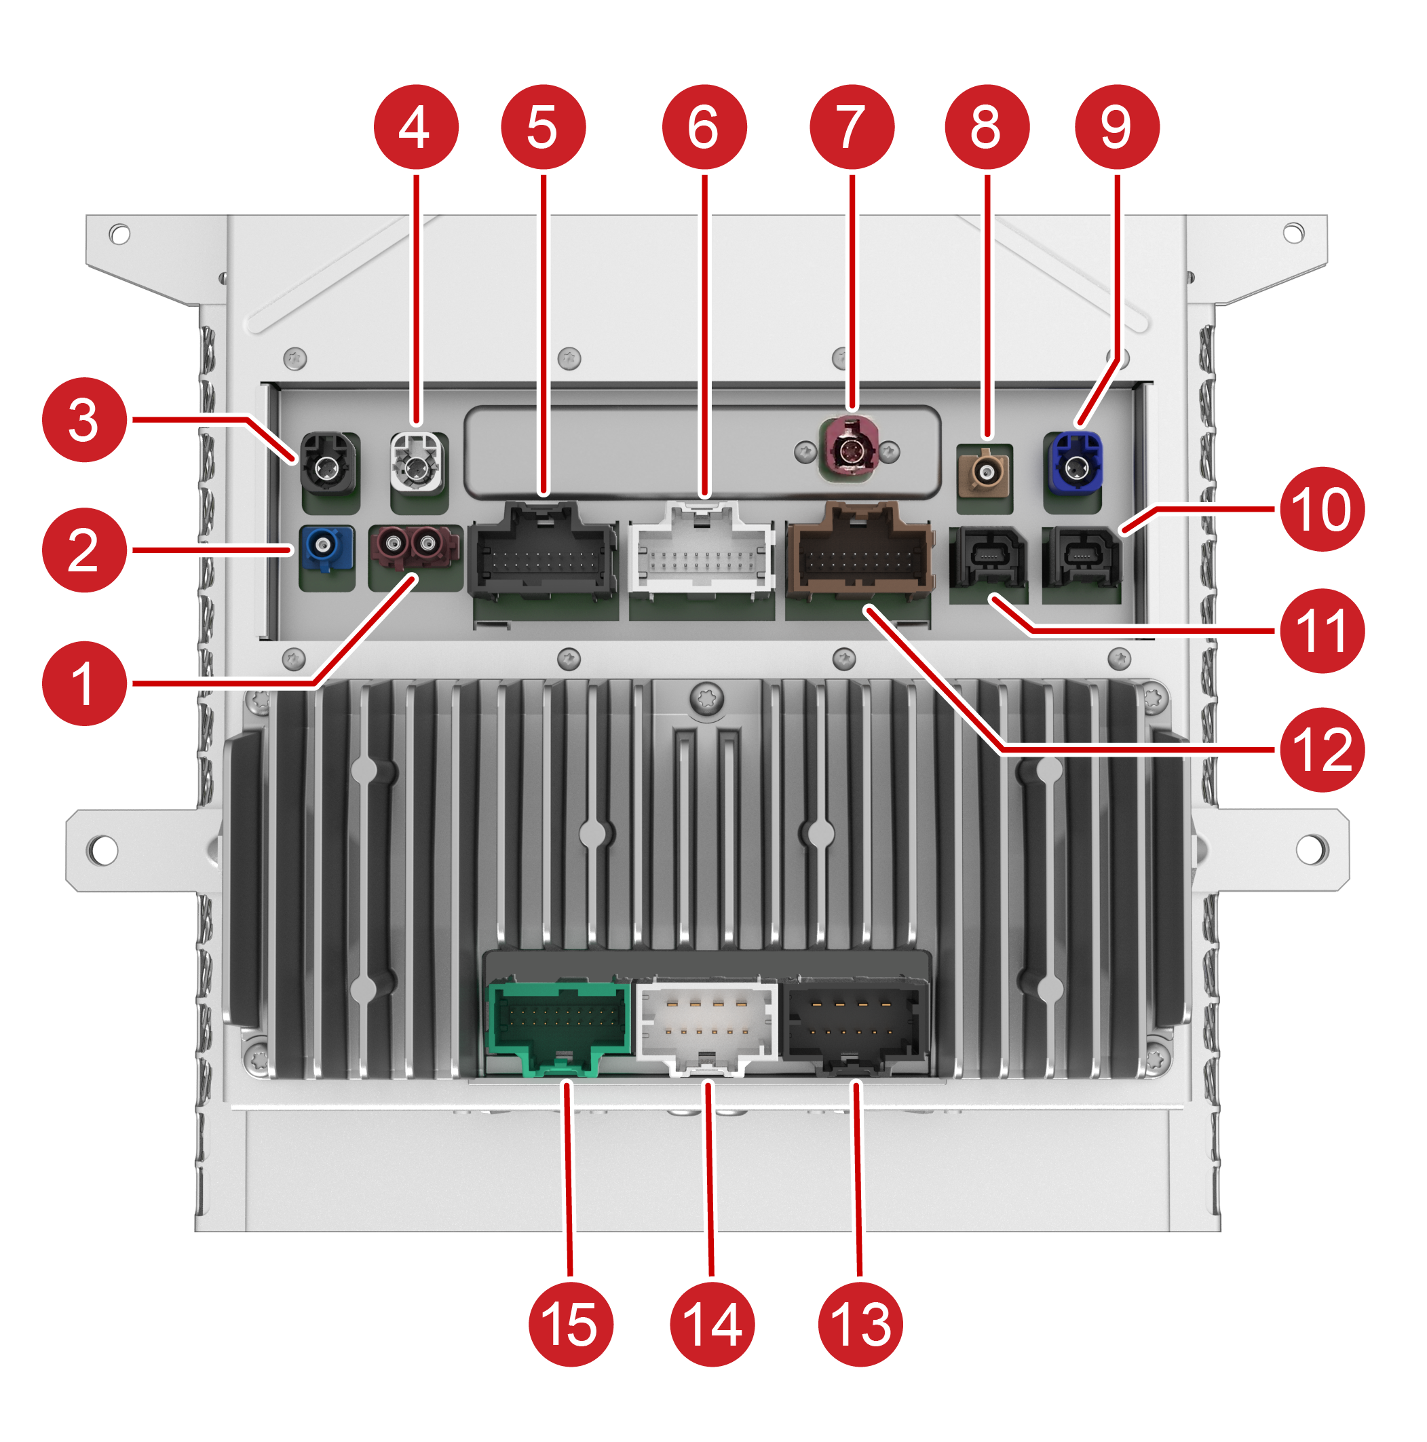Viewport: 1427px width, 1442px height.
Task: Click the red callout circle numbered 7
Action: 851,127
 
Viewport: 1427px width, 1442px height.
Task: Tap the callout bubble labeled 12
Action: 1321,749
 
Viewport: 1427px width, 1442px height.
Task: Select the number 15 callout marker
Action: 570,1324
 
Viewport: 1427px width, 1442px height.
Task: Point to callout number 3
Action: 84,419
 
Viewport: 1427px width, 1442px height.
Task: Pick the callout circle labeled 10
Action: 1321,509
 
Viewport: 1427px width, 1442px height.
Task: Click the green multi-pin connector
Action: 558,1026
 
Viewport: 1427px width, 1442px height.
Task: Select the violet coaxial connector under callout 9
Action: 1076,464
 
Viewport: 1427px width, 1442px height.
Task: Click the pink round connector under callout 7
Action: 850,450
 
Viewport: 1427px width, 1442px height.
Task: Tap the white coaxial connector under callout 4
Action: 417,465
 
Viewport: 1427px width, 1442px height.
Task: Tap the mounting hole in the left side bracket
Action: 103,850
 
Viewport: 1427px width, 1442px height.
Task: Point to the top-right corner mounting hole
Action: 1293,233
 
